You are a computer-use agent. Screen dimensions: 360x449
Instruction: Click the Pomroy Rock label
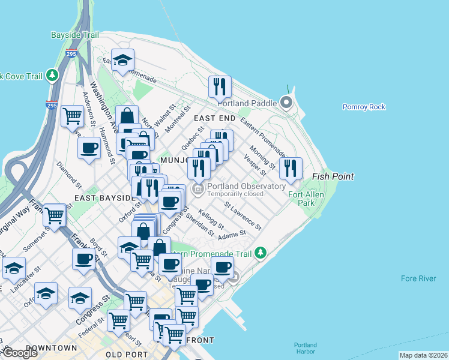[364, 107]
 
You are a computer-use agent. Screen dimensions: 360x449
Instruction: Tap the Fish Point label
[333, 176]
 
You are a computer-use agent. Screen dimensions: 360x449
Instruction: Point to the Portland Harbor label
[306, 348]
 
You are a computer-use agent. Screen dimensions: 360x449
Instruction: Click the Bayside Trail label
[75, 35]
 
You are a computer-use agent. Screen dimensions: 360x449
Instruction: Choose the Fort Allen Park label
[306, 199]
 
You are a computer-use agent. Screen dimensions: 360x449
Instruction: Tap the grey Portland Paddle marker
[286, 103]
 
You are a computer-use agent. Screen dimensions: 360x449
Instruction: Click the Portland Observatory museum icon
[197, 190]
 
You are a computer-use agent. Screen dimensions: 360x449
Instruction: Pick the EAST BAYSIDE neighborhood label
[103, 197]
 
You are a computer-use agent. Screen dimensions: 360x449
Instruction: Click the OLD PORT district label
[127, 355]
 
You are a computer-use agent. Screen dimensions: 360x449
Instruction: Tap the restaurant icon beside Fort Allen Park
[291, 168]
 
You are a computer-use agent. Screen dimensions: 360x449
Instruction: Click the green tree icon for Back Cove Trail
[53, 75]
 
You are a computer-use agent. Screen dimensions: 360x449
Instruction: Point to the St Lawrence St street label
[243, 216]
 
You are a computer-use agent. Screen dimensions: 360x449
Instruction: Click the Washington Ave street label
[101, 102]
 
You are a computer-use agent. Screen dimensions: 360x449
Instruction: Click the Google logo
[19, 353]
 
